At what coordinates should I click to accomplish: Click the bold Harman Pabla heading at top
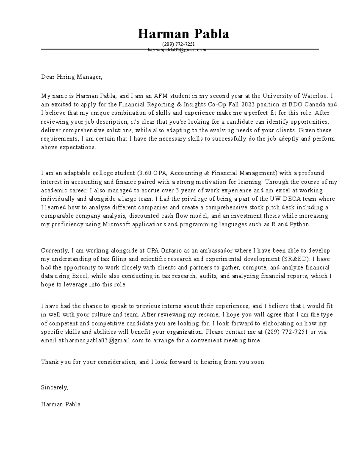183,34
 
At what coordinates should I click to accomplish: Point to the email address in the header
177,50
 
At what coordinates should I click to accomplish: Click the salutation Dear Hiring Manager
72,77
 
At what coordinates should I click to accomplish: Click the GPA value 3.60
145,173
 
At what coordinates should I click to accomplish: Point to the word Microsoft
116,224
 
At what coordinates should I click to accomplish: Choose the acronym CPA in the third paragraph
153,251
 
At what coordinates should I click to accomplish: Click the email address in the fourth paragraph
104,341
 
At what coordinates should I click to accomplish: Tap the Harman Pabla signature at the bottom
61,404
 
